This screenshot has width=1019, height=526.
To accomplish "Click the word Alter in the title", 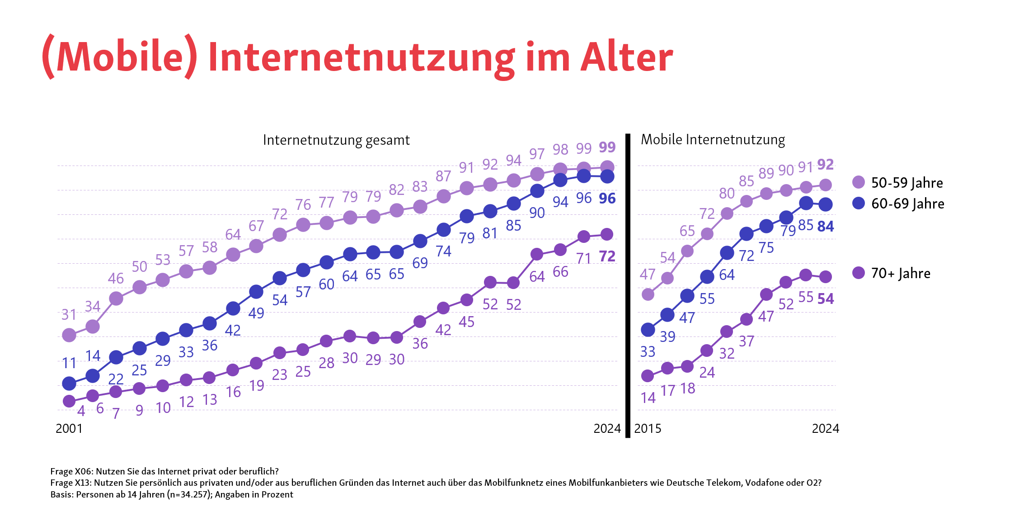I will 627,58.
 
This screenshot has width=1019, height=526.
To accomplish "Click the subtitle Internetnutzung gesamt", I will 336,140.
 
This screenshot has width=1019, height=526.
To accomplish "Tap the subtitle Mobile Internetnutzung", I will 713,140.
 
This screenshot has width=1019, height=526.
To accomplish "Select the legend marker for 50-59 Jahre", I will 858,182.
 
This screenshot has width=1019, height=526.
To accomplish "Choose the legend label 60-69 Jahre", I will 907,204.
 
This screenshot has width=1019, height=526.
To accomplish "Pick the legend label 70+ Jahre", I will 900,273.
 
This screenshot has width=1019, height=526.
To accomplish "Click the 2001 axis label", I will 69,428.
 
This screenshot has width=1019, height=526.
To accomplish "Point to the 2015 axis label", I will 648,428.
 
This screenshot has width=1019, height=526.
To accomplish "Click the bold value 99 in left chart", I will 607,147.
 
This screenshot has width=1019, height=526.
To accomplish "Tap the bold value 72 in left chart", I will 607,256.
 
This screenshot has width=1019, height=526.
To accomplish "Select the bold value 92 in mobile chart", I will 825,165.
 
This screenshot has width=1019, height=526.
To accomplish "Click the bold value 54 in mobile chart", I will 825,299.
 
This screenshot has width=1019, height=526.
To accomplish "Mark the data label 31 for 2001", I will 69,314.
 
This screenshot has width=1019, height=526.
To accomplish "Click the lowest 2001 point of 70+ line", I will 69,401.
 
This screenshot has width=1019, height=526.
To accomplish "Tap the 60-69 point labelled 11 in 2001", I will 69,384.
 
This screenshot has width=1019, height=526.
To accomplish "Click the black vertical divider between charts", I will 628,285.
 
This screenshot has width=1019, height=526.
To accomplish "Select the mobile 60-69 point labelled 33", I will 648,330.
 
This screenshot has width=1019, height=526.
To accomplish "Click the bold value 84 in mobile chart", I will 825,226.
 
